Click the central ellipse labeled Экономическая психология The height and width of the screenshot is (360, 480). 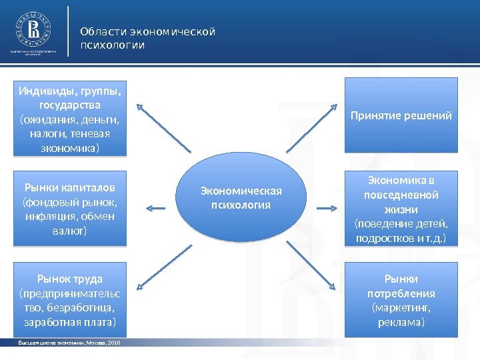coord(241,198)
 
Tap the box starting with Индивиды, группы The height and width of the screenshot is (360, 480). coord(70,117)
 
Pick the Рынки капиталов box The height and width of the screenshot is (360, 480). coord(70,208)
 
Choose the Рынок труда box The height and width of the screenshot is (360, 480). coord(70,300)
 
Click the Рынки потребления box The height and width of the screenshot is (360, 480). coord(401,300)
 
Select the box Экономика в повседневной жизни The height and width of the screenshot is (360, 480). coord(401,208)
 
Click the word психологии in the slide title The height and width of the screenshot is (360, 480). coord(112,45)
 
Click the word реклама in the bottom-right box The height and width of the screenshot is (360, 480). coord(401,323)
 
